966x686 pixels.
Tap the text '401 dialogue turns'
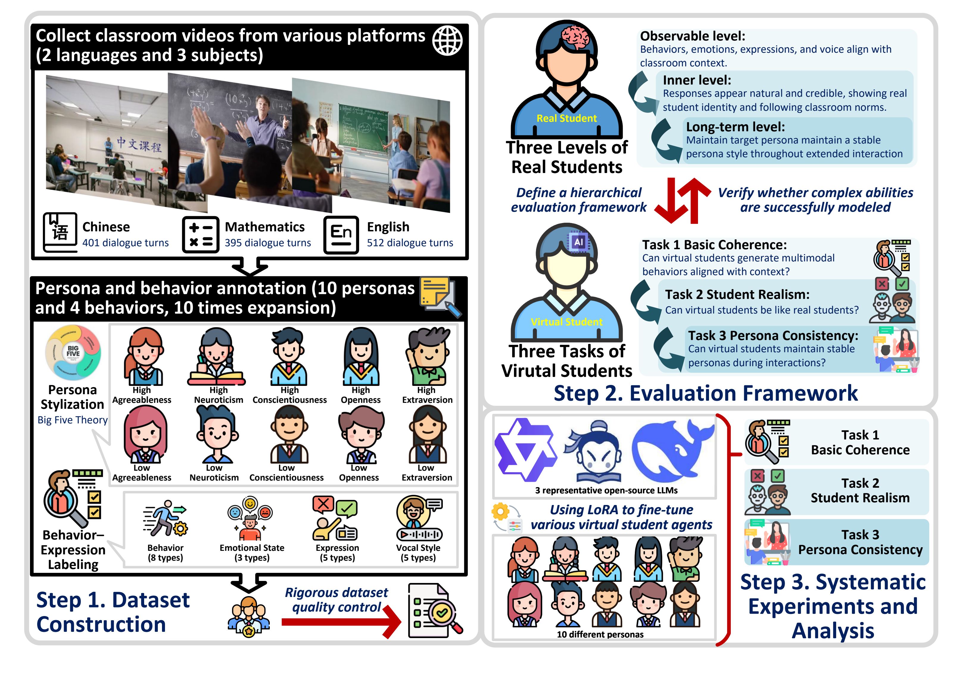tap(125, 243)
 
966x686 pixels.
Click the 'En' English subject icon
tap(341, 234)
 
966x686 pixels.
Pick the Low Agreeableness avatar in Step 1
tap(144, 435)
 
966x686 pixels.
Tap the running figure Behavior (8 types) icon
tap(165, 518)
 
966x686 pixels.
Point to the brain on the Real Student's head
tap(575, 37)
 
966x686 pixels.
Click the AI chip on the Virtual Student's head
tap(578, 242)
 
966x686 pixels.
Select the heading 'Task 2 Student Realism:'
tap(737, 294)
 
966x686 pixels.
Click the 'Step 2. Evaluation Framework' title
tap(705, 393)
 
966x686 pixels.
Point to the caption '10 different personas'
tap(600, 634)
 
